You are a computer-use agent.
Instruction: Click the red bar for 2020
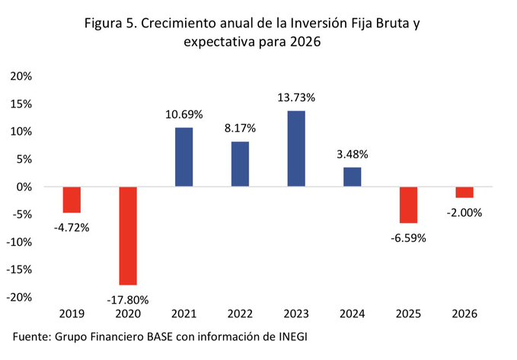coord(128,235)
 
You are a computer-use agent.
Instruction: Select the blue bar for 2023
coord(296,148)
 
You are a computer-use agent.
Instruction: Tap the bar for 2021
coord(184,157)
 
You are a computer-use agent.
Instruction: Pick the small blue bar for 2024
coord(353,177)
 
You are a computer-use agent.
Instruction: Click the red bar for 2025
coord(408,205)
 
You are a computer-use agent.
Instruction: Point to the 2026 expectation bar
coord(464,192)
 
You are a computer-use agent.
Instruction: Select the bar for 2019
coord(72,199)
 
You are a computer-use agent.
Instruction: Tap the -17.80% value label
coord(129,299)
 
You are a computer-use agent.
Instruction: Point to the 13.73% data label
coord(296,98)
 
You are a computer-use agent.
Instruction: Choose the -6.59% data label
coord(409,237)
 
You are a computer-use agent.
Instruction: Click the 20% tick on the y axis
coord(21,76)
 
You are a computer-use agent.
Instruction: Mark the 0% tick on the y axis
coord(24,186)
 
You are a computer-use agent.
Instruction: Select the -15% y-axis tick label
coord(19,269)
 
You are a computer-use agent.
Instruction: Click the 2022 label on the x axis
coord(241,314)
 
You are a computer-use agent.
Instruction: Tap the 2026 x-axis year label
coord(464,314)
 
